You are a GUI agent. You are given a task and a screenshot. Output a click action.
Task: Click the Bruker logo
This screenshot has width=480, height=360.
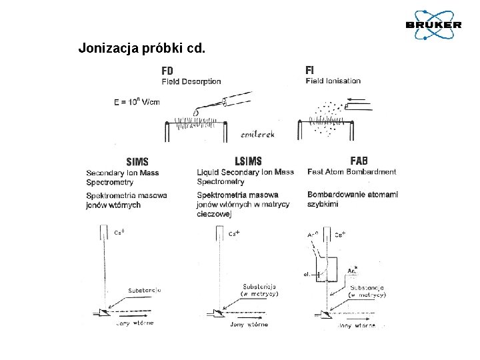point(433,24)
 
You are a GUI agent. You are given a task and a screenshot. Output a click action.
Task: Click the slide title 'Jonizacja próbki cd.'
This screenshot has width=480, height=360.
point(142,48)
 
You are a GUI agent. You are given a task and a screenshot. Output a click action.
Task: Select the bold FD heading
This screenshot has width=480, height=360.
point(167,70)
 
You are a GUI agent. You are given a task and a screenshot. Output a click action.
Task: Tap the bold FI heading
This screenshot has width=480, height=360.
point(309,70)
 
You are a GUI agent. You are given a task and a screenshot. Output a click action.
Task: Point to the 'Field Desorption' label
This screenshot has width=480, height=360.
point(191,81)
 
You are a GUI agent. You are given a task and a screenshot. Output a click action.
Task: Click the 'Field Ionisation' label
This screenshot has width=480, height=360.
point(333,81)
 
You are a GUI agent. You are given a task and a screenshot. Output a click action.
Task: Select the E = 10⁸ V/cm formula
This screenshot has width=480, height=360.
point(137,102)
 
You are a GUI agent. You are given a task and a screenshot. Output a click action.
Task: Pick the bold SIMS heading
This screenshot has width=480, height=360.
point(137,161)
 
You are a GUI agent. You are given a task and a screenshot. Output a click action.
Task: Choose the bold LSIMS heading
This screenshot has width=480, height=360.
point(249,161)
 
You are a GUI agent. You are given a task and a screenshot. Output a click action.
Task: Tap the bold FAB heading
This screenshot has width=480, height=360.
point(359,161)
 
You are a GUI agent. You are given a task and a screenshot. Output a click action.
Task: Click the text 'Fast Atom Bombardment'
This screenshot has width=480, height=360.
point(351,172)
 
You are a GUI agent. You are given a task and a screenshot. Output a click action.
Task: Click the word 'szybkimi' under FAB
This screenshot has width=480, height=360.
point(323,204)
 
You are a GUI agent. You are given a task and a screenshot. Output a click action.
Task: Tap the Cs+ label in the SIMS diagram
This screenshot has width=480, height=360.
point(121,233)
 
